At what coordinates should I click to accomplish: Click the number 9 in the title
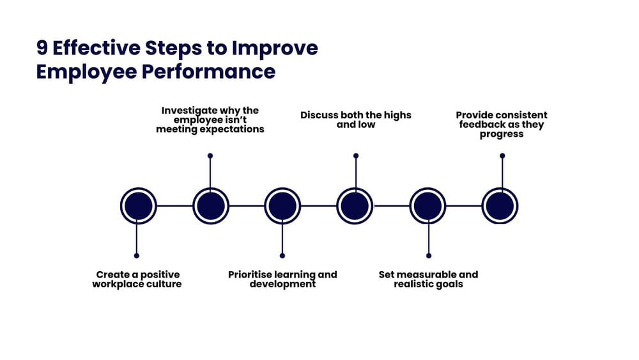(x=43, y=49)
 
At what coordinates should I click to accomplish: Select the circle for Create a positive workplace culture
(x=139, y=206)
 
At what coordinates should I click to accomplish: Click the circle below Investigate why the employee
(x=211, y=206)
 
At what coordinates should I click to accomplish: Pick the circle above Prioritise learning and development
(x=283, y=206)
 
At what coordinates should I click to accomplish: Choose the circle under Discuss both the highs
(x=355, y=206)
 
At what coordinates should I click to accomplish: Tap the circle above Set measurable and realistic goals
(x=427, y=206)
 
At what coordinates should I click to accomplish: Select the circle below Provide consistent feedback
(x=500, y=206)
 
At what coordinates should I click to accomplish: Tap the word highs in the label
(x=397, y=116)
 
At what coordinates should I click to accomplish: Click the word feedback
(x=484, y=125)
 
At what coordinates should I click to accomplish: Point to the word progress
(x=502, y=134)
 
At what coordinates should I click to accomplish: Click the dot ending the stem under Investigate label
(x=210, y=155)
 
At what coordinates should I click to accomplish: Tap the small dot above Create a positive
(x=137, y=255)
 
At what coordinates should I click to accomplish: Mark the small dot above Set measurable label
(x=428, y=255)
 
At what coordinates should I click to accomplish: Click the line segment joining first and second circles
(x=174, y=206)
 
